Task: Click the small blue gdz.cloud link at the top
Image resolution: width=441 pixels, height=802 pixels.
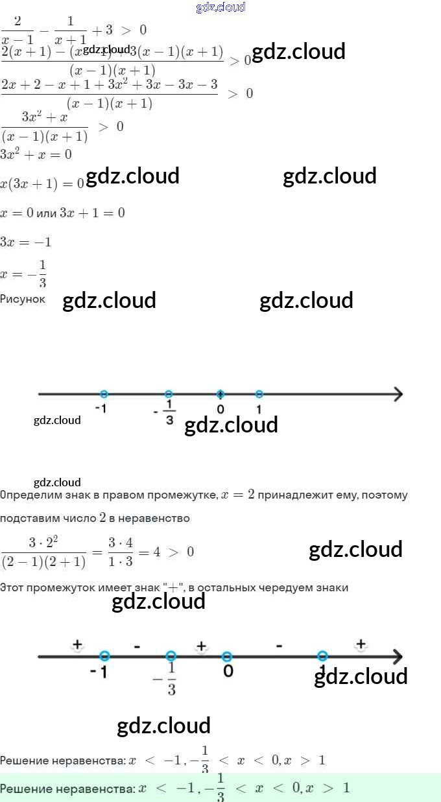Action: click(220, 7)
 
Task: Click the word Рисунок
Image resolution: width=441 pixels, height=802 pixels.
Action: click(23, 299)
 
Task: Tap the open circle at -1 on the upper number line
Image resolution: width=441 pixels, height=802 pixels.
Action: click(104, 394)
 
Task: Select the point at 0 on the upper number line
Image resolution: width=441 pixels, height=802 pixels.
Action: click(220, 394)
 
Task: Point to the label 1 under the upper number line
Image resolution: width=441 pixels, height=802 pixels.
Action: click(259, 410)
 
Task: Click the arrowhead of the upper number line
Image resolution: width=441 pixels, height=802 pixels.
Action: click(398, 394)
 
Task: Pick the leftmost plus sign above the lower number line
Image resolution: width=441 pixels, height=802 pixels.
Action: click(77, 644)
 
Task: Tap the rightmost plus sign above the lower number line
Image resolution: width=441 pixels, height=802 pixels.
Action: click(361, 644)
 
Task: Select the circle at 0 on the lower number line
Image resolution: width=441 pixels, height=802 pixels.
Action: click(227, 656)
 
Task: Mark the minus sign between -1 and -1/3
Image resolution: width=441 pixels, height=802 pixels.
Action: click(137, 646)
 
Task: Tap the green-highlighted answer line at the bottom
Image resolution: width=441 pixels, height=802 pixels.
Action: click(175, 788)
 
